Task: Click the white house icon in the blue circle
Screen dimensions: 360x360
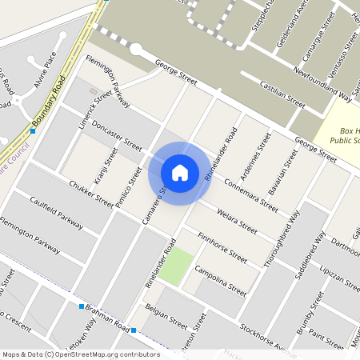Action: [x=180, y=172]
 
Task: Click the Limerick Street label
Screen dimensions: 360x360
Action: [x=92, y=104]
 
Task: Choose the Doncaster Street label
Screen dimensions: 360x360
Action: [x=117, y=136]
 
